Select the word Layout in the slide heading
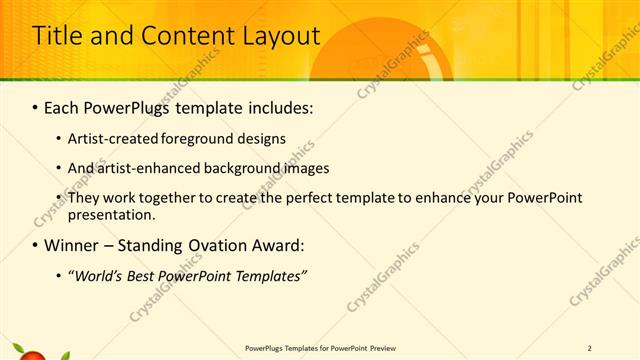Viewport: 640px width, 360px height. [279, 36]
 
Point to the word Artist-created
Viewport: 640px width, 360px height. [113, 139]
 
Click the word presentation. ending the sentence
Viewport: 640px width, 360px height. [111, 214]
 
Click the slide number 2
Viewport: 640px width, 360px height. [590, 348]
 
